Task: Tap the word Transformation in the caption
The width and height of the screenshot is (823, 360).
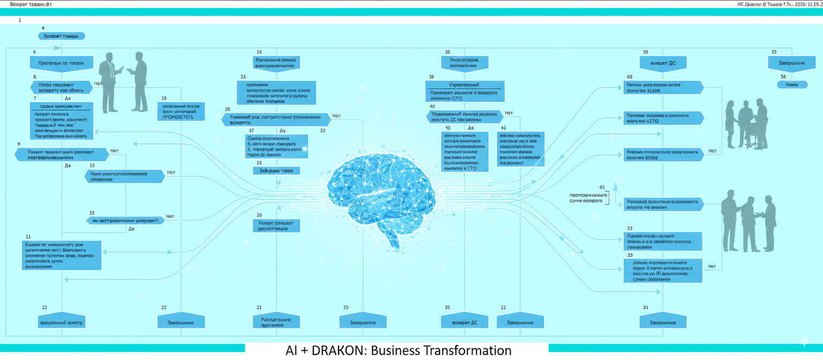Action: (x=466, y=351)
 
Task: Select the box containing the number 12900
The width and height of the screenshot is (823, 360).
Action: (x=276, y=171)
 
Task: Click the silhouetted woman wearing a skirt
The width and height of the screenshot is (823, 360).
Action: (x=731, y=123)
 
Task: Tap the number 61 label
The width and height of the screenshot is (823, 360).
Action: (x=602, y=187)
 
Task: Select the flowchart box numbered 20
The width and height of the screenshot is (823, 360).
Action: (x=276, y=226)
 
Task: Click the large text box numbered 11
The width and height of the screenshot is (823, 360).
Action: (x=63, y=255)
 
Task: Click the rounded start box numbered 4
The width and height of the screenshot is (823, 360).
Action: (x=62, y=36)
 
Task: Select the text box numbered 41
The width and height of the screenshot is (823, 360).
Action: (x=520, y=148)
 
